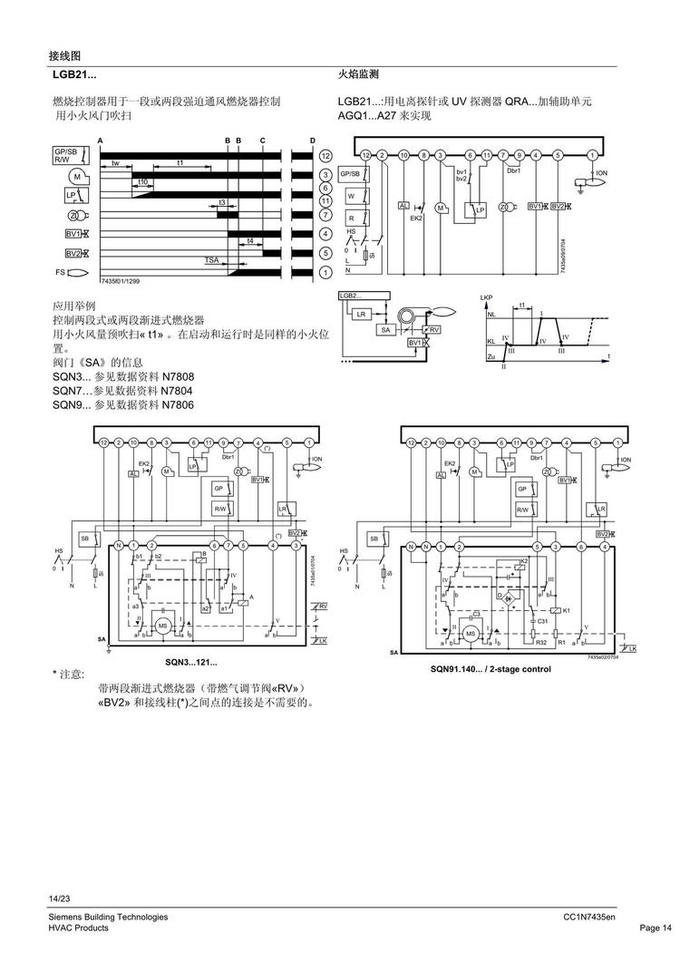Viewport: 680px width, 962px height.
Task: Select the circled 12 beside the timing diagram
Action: click(x=325, y=156)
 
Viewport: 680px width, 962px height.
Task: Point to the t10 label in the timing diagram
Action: click(x=143, y=182)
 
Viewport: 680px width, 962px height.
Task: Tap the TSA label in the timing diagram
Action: click(x=211, y=260)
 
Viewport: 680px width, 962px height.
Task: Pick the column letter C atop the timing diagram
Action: click(x=262, y=140)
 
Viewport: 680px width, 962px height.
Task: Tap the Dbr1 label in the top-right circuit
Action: click(x=513, y=170)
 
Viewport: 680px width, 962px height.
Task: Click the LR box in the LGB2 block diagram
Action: click(x=361, y=314)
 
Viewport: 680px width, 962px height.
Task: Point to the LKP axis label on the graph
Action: click(x=486, y=296)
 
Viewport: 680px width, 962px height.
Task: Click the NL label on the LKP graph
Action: click(x=491, y=316)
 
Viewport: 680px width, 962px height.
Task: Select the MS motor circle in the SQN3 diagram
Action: click(x=164, y=626)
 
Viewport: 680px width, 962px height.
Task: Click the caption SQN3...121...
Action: click(x=184, y=663)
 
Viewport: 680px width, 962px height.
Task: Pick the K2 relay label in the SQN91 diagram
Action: click(x=523, y=562)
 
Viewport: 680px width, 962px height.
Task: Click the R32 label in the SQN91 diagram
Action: click(x=540, y=642)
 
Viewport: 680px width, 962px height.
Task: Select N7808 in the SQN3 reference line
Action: click(x=178, y=376)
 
